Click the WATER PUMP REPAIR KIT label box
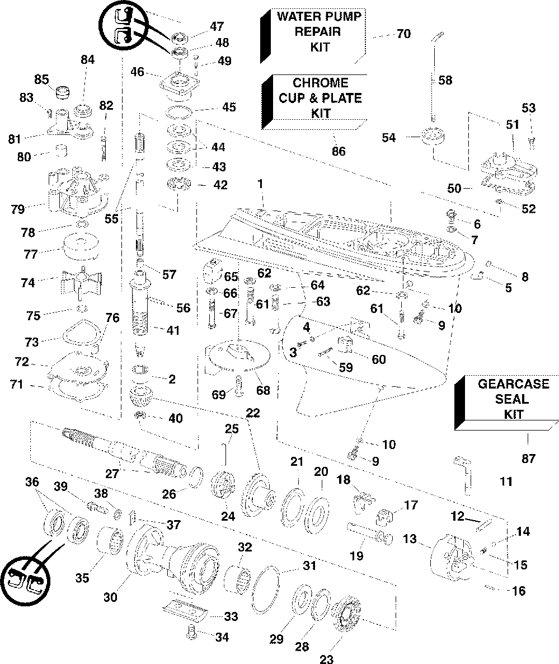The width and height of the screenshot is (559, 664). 313,36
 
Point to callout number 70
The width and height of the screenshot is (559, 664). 403,34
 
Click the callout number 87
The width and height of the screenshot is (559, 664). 529,458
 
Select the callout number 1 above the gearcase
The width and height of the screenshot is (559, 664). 260,184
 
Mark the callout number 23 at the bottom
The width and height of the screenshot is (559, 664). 327,658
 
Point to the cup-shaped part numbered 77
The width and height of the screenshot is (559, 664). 81,247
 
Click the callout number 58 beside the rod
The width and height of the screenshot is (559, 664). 445,80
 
